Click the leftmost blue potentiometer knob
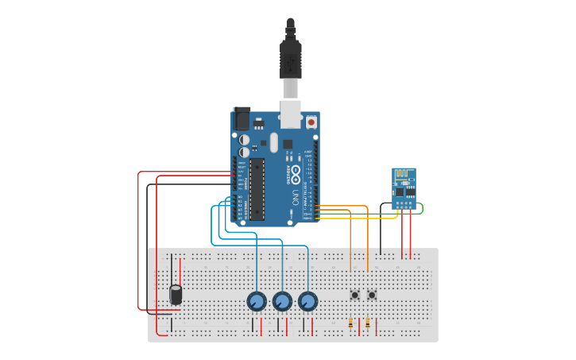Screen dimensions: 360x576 coord(256,302)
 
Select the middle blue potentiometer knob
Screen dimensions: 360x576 coord(282,302)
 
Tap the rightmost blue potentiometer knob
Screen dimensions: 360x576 coord(307,302)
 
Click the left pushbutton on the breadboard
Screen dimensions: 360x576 coord(354,295)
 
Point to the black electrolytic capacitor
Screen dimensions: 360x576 coord(176,295)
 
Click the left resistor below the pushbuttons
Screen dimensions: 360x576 coord(351,323)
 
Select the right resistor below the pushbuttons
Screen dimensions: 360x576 coord(368,323)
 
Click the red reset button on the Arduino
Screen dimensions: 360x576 coord(311,122)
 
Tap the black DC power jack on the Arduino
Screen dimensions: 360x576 coord(242,118)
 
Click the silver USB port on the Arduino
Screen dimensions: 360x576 coord(291,114)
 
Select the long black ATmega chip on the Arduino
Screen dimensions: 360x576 coord(257,188)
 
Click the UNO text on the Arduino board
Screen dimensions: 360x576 coord(295,194)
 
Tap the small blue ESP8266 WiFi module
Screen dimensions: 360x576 coord(404,188)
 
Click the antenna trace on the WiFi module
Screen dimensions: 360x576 coord(404,174)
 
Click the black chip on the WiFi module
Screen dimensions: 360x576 coord(402,192)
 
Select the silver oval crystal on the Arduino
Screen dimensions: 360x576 coord(274,142)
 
